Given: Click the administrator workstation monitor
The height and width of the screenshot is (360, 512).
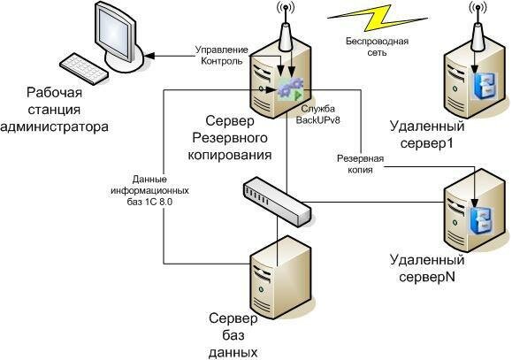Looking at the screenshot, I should [111, 31].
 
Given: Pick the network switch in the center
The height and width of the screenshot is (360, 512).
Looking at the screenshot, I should [277, 200].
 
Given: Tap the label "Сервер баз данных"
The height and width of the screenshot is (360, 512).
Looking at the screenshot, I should [233, 334].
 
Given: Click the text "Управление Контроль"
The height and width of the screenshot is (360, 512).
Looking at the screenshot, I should [216, 54].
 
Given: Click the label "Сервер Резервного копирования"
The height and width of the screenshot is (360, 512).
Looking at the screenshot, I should [231, 136].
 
